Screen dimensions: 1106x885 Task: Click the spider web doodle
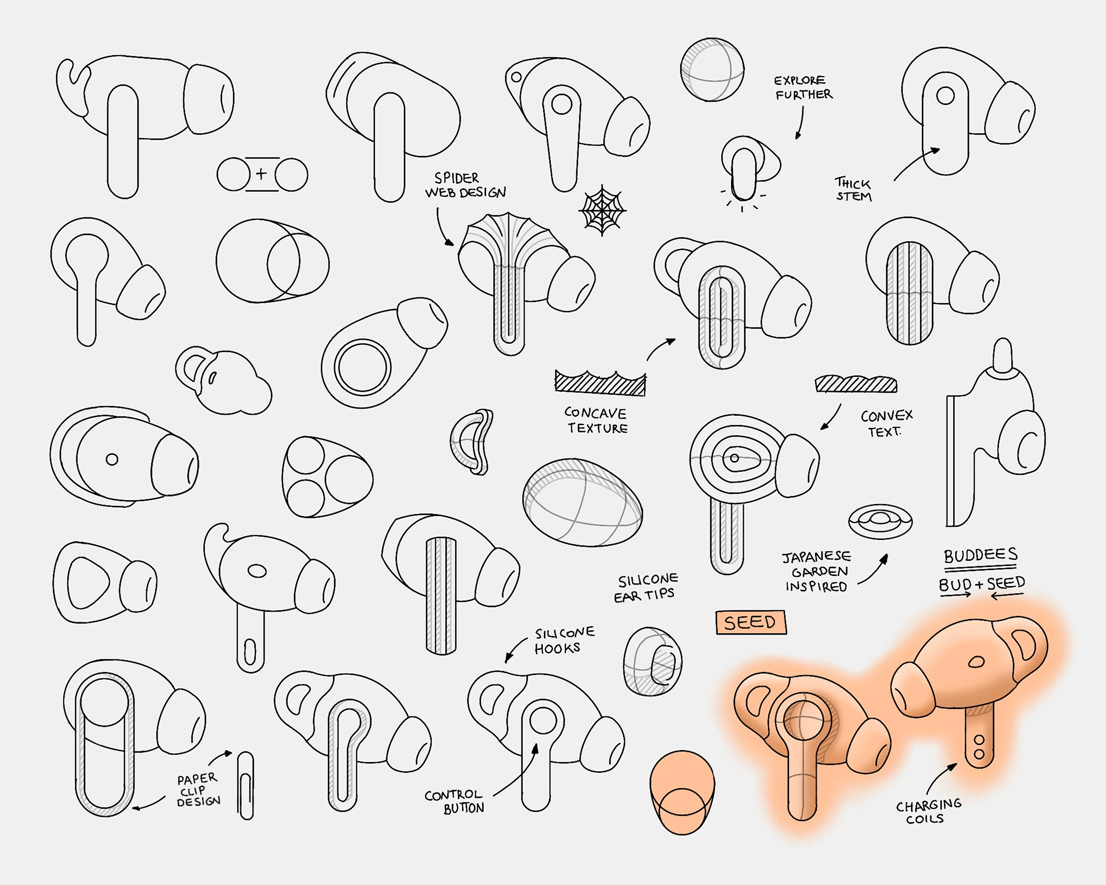(603, 210)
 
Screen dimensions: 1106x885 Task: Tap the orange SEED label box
(751, 622)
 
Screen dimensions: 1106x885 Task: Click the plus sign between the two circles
(262, 173)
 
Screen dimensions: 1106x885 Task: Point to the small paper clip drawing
(246, 785)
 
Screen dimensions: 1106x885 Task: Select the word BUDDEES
(980, 555)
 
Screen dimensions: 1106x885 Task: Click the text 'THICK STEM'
(853, 189)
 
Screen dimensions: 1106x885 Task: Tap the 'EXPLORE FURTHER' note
(802, 88)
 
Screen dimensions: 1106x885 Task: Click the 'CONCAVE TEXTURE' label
(597, 420)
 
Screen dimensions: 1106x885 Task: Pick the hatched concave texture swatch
(600, 383)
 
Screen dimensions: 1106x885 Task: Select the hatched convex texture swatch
(856, 384)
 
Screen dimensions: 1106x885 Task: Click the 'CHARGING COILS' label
(928, 811)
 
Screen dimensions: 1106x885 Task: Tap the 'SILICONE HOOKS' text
(564, 640)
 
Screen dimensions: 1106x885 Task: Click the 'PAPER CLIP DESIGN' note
(198, 790)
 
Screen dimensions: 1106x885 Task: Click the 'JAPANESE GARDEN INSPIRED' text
(816, 571)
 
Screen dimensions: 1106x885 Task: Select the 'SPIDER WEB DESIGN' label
(464, 185)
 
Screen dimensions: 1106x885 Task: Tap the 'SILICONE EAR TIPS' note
(646, 587)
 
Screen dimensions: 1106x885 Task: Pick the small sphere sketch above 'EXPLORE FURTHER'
(712, 69)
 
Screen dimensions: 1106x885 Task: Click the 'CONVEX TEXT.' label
(886, 423)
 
